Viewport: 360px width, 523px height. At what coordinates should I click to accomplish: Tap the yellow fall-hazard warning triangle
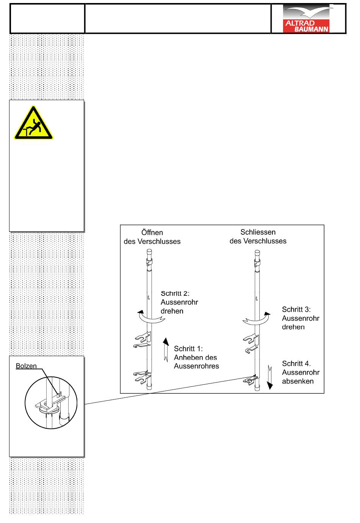[x=34, y=123]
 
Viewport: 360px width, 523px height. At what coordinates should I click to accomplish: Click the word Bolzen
[x=26, y=366]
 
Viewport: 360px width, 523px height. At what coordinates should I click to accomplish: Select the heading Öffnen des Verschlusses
[x=152, y=237]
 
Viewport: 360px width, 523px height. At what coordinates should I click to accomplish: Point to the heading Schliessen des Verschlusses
[x=258, y=236]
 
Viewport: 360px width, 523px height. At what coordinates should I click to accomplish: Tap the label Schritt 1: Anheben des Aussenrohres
[x=196, y=357]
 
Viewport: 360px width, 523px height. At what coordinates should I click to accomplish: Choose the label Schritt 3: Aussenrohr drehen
[x=301, y=318]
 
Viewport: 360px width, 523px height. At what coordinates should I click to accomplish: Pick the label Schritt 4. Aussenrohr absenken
[x=301, y=372]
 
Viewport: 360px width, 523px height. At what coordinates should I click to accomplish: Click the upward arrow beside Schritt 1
[x=166, y=349]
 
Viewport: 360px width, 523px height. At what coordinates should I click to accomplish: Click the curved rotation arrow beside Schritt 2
[x=151, y=317]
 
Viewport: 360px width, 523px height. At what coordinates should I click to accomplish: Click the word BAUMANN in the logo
[x=312, y=29]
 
